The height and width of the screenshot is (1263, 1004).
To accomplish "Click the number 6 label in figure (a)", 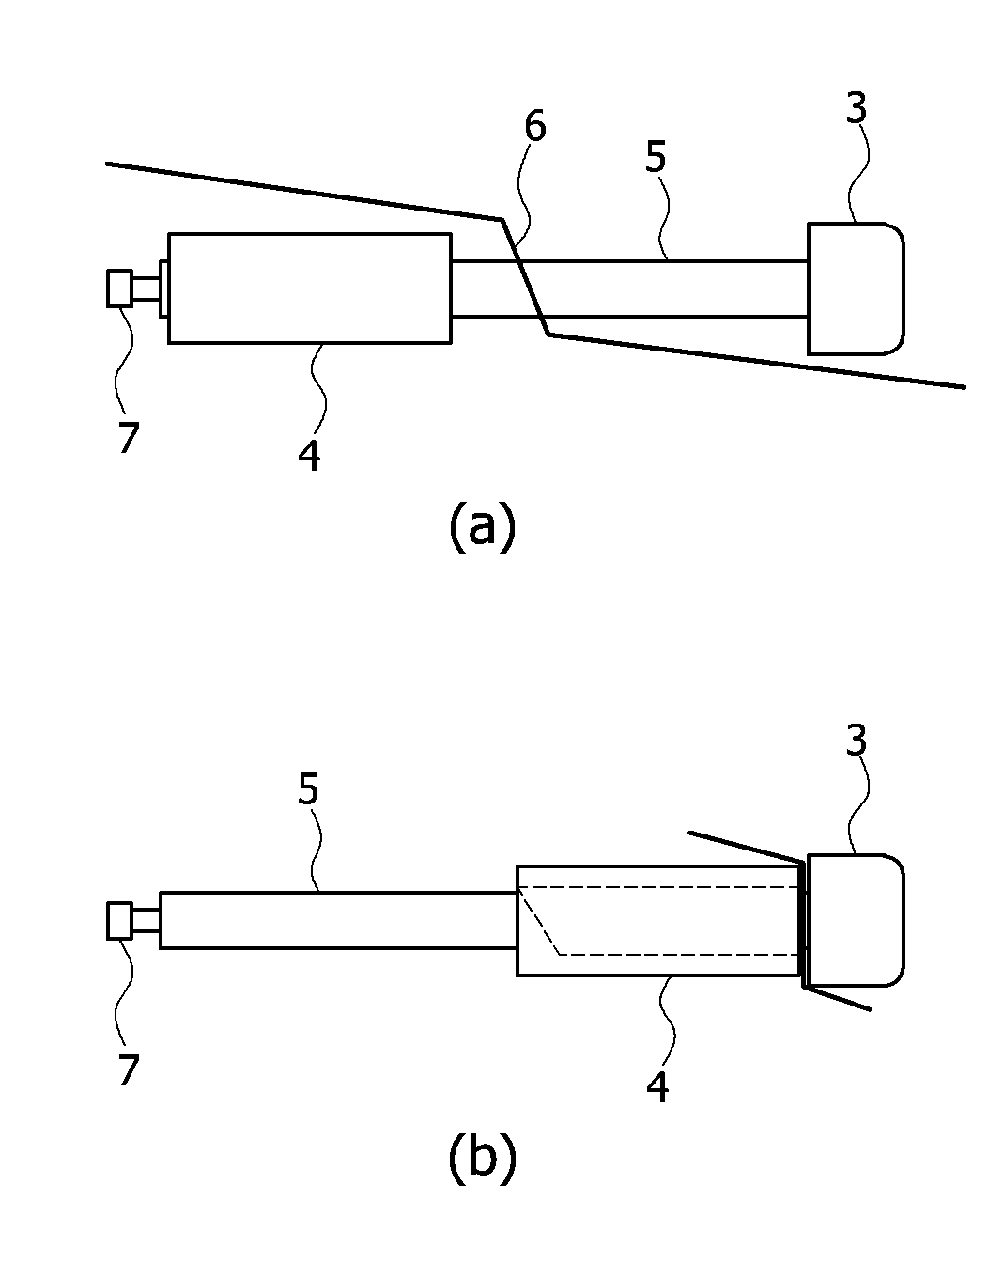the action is point(534,126).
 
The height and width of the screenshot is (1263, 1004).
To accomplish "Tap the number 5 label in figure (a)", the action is point(656,157).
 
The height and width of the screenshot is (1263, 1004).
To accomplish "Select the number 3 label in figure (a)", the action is point(857,108).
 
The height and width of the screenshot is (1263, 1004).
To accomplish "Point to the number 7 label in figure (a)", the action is point(129,437).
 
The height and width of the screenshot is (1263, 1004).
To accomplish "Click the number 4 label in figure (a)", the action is point(309,456).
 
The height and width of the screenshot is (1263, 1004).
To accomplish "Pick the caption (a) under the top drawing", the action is point(483,525).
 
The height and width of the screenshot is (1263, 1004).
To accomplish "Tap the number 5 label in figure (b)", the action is point(308,788).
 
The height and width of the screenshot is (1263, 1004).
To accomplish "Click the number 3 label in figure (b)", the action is point(857,741).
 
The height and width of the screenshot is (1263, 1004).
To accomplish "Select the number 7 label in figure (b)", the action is point(129,1070).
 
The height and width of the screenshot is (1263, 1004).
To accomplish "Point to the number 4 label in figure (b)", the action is point(657,1087).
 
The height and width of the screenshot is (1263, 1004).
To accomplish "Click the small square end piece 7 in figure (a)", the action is point(119,288).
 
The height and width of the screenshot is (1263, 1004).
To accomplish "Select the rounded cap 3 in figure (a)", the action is point(856,288).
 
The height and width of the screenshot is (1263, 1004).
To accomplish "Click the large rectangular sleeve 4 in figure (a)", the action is point(310,288).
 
